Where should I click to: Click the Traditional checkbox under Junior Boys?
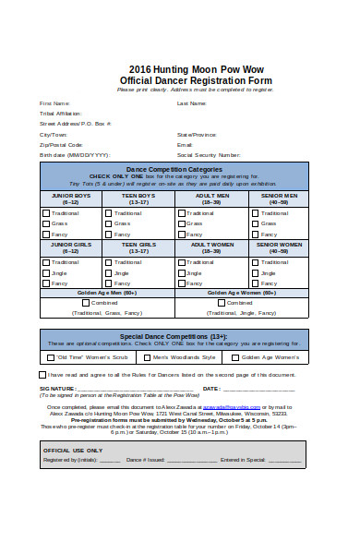(46, 213)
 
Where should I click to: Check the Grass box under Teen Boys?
(108, 223)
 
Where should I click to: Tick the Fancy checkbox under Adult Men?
(181, 234)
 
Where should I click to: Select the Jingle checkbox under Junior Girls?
(46, 272)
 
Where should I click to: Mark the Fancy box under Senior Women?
(255, 283)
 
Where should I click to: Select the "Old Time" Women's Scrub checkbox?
(51, 356)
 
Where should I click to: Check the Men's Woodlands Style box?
(146, 356)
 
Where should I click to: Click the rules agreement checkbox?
(42, 375)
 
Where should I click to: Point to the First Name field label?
(54, 102)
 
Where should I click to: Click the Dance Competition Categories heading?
(174, 170)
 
